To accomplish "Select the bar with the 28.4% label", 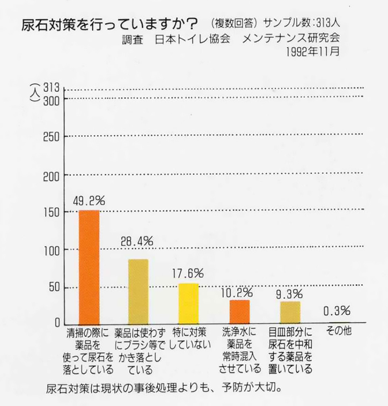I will pyautogui.click(x=138, y=291).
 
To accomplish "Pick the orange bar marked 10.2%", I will pyautogui.click(x=239, y=311).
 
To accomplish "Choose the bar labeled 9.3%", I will pyautogui.click(x=290, y=312).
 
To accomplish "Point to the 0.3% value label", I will pyautogui.click(x=337, y=310).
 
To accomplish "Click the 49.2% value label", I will pyautogui.click(x=89, y=201).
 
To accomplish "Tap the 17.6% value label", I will pyautogui.click(x=188, y=273).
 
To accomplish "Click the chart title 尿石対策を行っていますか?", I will pyautogui.click(x=110, y=25).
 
